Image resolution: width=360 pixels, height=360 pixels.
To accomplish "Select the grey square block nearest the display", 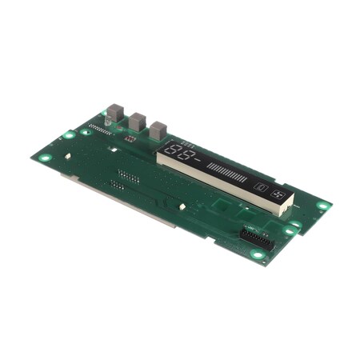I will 158,130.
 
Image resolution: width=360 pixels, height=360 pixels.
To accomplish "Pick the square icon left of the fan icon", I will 261,189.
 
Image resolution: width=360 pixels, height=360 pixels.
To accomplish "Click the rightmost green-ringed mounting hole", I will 322,206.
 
